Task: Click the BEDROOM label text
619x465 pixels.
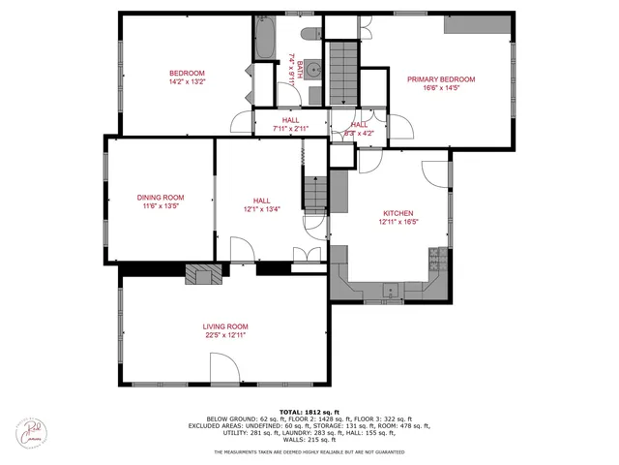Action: coord(187,74)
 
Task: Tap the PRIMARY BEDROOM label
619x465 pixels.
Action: coord(441,79)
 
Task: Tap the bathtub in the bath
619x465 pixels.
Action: coord(265,38)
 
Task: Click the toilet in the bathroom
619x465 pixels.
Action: coord(309,35)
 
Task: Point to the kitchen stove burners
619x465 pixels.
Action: coord(436,258)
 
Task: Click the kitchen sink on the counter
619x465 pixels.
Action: coord(391,288)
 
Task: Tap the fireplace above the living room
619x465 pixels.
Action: coord(202,274)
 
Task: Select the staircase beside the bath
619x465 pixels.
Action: coord(339,72)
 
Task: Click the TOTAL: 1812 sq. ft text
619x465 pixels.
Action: coord(309,412)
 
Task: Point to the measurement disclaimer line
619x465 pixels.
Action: coord(309,452)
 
